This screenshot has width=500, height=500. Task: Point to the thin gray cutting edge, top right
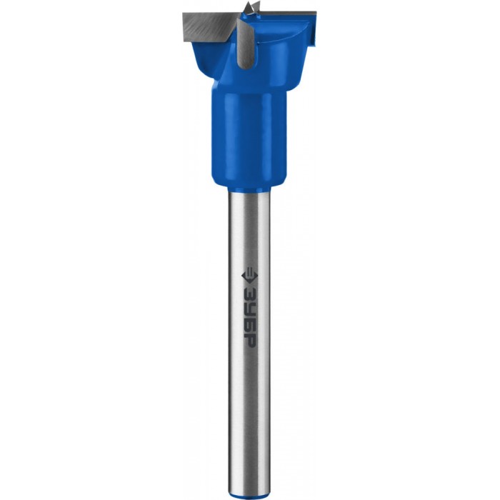pos(289,13)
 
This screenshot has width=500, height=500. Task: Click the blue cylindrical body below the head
pos(249,137)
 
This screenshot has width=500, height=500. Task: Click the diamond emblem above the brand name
pos(250,276)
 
